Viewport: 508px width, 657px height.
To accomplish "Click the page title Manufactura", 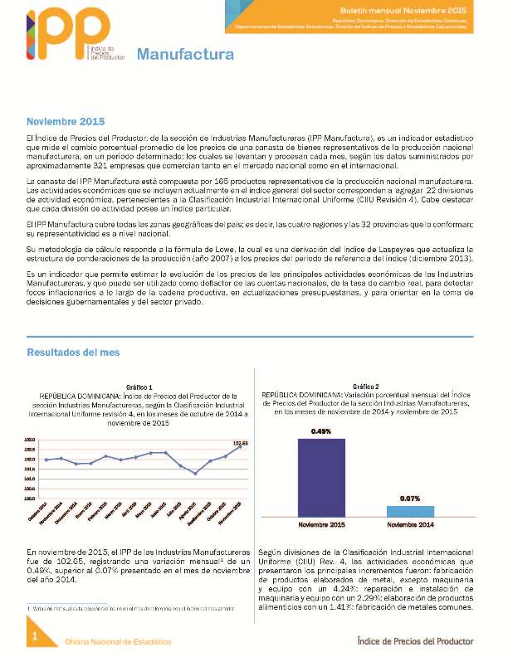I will [x=185, y=56].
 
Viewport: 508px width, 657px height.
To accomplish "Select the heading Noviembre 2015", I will [x=66, y=121].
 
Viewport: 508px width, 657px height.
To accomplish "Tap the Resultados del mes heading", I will [x=73, y=352].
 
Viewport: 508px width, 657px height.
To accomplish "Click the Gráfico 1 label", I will [x=139, y=387].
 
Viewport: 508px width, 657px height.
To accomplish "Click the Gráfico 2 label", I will [x=365, y=387].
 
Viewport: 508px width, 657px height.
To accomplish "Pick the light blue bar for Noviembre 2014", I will [x=410, y=511].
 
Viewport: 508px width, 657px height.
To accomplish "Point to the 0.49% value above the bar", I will [x=321, y=431].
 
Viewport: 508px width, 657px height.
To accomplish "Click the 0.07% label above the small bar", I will [x=410, y=498].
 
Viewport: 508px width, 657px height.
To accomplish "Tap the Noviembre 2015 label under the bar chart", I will [x=321, y=524].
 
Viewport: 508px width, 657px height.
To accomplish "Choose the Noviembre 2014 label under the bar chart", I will [x=410, y=524].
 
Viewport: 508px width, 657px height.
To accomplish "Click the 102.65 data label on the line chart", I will [x=240, y=443].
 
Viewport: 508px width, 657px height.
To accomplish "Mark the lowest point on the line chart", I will [x=194, y=473].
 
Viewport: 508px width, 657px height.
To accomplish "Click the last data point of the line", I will [x=240, y=449].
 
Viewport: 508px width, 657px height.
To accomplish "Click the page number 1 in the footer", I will [x=35, y=636].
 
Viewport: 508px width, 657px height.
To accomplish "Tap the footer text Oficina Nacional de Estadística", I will [x=120, y=641].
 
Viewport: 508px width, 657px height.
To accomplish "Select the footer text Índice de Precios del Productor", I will [x=414, y=640].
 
